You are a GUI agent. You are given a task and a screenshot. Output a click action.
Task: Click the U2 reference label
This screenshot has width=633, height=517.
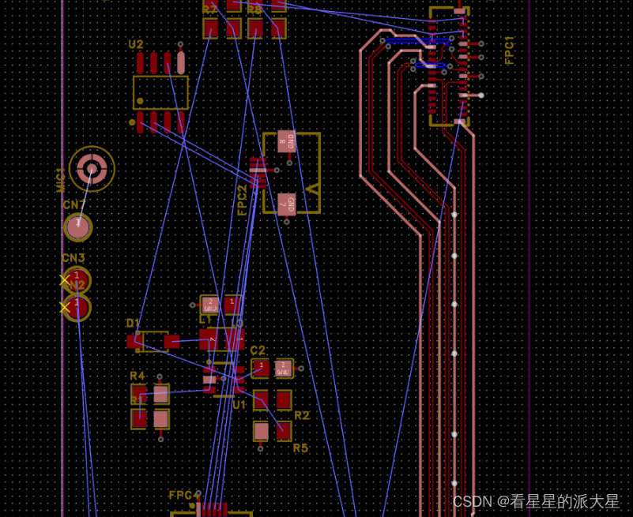(x=136, y=44)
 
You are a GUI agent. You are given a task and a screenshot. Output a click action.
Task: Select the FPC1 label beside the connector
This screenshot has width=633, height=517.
(x=510, y=50)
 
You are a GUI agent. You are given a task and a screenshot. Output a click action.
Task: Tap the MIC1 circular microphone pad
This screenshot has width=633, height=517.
(x=92, y=168)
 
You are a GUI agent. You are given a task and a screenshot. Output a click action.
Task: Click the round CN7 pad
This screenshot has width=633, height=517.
(x=77, y=227)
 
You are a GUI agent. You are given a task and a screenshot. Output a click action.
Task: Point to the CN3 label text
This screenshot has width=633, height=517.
(x=73, y=258)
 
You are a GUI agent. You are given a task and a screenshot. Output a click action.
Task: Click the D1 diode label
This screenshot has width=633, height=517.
(x=133, y=324)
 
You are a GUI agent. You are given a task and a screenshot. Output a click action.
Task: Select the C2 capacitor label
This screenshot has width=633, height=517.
(x=258, y=350)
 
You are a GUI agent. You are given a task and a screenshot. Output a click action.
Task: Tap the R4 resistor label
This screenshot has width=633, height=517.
(x=138, y=376)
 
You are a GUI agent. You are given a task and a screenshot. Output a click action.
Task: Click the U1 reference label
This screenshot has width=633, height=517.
(x=239, y=405)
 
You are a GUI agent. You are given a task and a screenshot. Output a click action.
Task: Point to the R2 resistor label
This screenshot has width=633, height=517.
(x=301, y=415)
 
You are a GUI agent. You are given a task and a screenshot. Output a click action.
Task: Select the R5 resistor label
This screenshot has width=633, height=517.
(x=300, y=448)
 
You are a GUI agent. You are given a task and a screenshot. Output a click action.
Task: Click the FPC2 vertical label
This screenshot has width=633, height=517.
(x=243, y=200)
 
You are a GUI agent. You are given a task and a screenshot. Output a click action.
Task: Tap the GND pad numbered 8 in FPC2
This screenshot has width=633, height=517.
(x=286, y=141)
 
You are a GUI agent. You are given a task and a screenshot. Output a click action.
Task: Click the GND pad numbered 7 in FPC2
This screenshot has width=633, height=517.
(x=286, y=204)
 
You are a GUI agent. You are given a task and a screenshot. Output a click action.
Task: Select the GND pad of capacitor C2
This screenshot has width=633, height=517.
(x=283, y=368)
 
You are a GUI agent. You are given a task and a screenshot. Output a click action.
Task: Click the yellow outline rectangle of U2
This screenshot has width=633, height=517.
(x=160, y=92)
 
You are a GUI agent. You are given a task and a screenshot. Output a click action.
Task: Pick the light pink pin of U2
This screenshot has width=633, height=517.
(x=181, y=62)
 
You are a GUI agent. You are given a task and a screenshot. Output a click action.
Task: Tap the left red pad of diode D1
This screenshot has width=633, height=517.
(x=134, y=342)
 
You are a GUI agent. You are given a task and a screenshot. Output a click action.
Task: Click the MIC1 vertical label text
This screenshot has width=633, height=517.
(x=61, y=179)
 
